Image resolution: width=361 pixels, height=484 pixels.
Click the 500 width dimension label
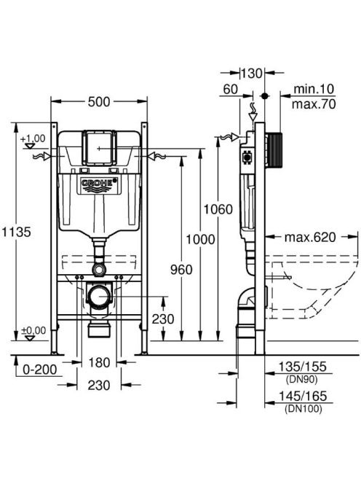pyautogui.click(x=99, y=101)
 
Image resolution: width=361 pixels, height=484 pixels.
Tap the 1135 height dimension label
pyautogui.click(x=16, y=232)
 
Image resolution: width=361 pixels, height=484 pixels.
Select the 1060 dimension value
pyautogui.click(x=218, y=209)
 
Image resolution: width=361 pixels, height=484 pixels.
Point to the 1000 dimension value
pyautogui.click(x=200, y=239)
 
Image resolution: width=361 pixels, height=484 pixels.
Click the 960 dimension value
pyautogui.click(x=181, y=270)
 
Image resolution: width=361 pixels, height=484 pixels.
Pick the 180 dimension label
pyautogui.click(x=99, y=362)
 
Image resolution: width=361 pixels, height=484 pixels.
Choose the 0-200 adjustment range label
pyautogui.click(x=40, y=369)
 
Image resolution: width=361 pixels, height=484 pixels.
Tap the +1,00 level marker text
pyautogui.click(x=33, y=138)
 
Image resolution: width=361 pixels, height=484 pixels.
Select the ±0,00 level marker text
pyautogui.click(x=33, y=330)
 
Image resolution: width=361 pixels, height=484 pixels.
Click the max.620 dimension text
pyautogui.click(x=310, y=237)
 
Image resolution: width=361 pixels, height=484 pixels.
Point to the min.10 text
pyautogui.click(x=314, y=89)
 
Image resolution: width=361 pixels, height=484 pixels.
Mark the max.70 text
pyautogui.click(x=314, y=104)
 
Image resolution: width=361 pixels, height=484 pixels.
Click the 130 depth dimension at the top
pyautogui.click(x=251, y=74)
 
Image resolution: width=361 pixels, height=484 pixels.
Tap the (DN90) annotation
pyautogui.click(x=302, y=379)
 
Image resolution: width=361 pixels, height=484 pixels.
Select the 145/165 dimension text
pyautogui.click(x=303, y=396)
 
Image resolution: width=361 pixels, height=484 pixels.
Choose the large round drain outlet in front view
pyautogui.click(x=99, y=296)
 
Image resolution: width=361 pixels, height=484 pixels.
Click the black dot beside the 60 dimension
pyautogui.click(x=264, y=95)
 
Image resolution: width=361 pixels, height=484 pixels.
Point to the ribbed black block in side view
pyautogui.click(x=274, y=150)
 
